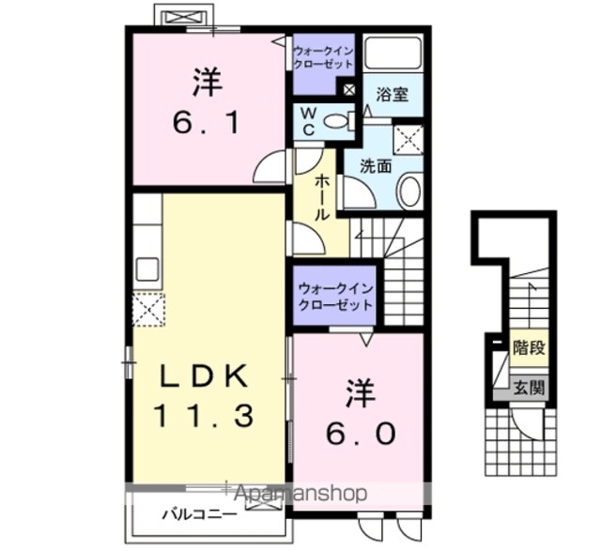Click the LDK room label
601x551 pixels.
(203, 375)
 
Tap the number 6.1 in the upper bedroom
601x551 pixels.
(208, 123)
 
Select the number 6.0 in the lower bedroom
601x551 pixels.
(361, 434)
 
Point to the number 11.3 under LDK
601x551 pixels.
(204, 417)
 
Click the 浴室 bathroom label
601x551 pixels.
(392, 94)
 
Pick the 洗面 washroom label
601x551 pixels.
(376, 166)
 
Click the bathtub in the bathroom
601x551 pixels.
(393, 54)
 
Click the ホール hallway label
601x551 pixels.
(322, 197)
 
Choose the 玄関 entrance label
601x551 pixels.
(529, 389)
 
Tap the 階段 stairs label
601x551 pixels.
(529, 348)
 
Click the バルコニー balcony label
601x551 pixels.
(199, 514)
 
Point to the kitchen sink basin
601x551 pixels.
(148, 269)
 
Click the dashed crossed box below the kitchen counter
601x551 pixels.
(148, 310)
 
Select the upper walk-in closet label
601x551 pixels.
(323, 57)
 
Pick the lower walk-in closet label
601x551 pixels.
(335, 297)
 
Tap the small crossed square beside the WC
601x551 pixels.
(348, 90)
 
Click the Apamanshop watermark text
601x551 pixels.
(300, 494)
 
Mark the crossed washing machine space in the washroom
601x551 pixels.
(409, 140)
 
